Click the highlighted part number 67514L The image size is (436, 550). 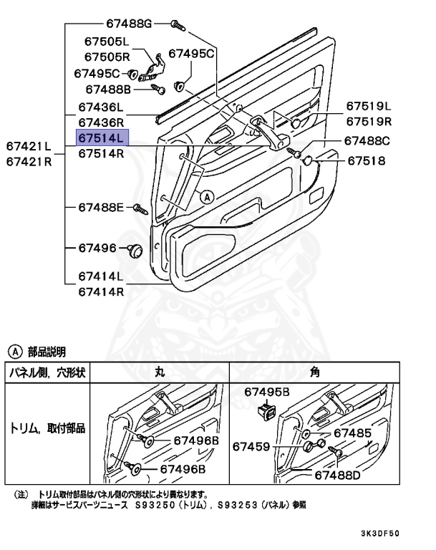[102, 137]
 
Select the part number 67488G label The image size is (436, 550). [125, 24]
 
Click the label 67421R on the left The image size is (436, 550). [29, 161]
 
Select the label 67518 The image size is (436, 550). [367, 161]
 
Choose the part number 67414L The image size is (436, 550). [101, 276]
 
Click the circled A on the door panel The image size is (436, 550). [206, 195]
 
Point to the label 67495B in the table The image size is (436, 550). [267, 392]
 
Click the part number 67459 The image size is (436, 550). [251, 447]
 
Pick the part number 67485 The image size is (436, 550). [352, 433]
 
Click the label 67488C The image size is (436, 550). [367, 141]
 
